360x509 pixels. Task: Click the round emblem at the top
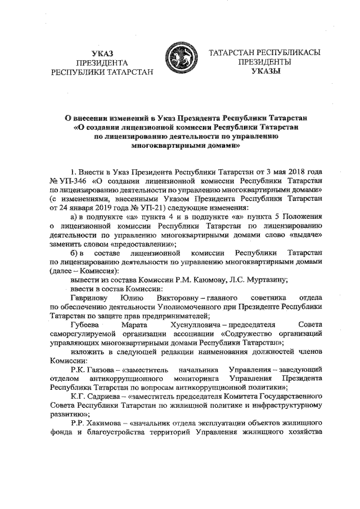tap(180, 62)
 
